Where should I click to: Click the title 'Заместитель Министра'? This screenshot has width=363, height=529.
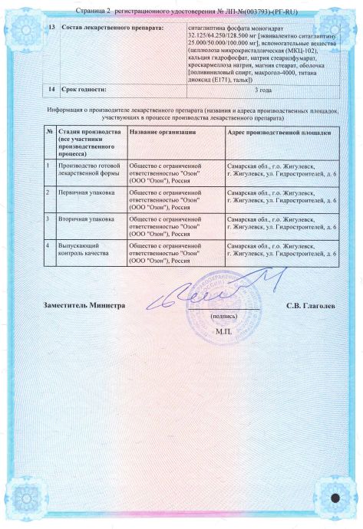pyautogui.click(x=84, y=305)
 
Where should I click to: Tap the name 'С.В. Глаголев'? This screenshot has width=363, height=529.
pyautogui.click(x=311, y=305)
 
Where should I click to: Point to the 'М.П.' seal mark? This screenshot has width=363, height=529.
pyautogui.click(x=223, y=331)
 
